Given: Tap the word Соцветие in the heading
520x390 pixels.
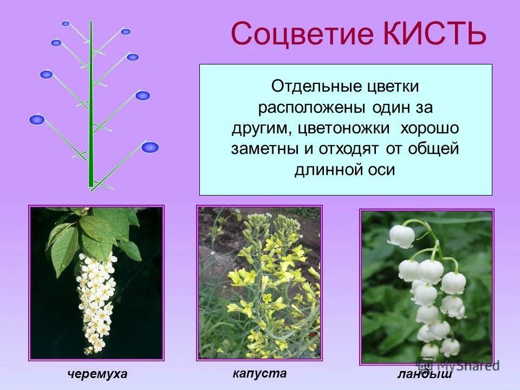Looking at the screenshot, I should pyautogui.click(x=302, y=34).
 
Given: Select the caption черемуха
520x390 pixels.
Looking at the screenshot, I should pyautogui.click(x=97, y=374).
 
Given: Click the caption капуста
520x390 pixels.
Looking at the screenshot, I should pyautogui.click(x=259, y=373).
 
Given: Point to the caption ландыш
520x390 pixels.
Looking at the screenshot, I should pyautogui.click(x=425, y=374).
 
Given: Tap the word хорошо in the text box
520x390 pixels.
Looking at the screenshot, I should pyautogui.click(x=430, y=128).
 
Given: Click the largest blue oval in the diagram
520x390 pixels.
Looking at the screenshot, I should pyautogui.click(x=150, y=147).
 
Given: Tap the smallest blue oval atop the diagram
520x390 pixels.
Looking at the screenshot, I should pyautogui.click(x=66, y=24).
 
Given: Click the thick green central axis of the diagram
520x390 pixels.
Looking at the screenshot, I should pyautogui.click(x=91, y=108).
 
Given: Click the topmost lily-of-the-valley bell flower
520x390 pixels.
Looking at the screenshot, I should pyautogui.click(x=401, y=236).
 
